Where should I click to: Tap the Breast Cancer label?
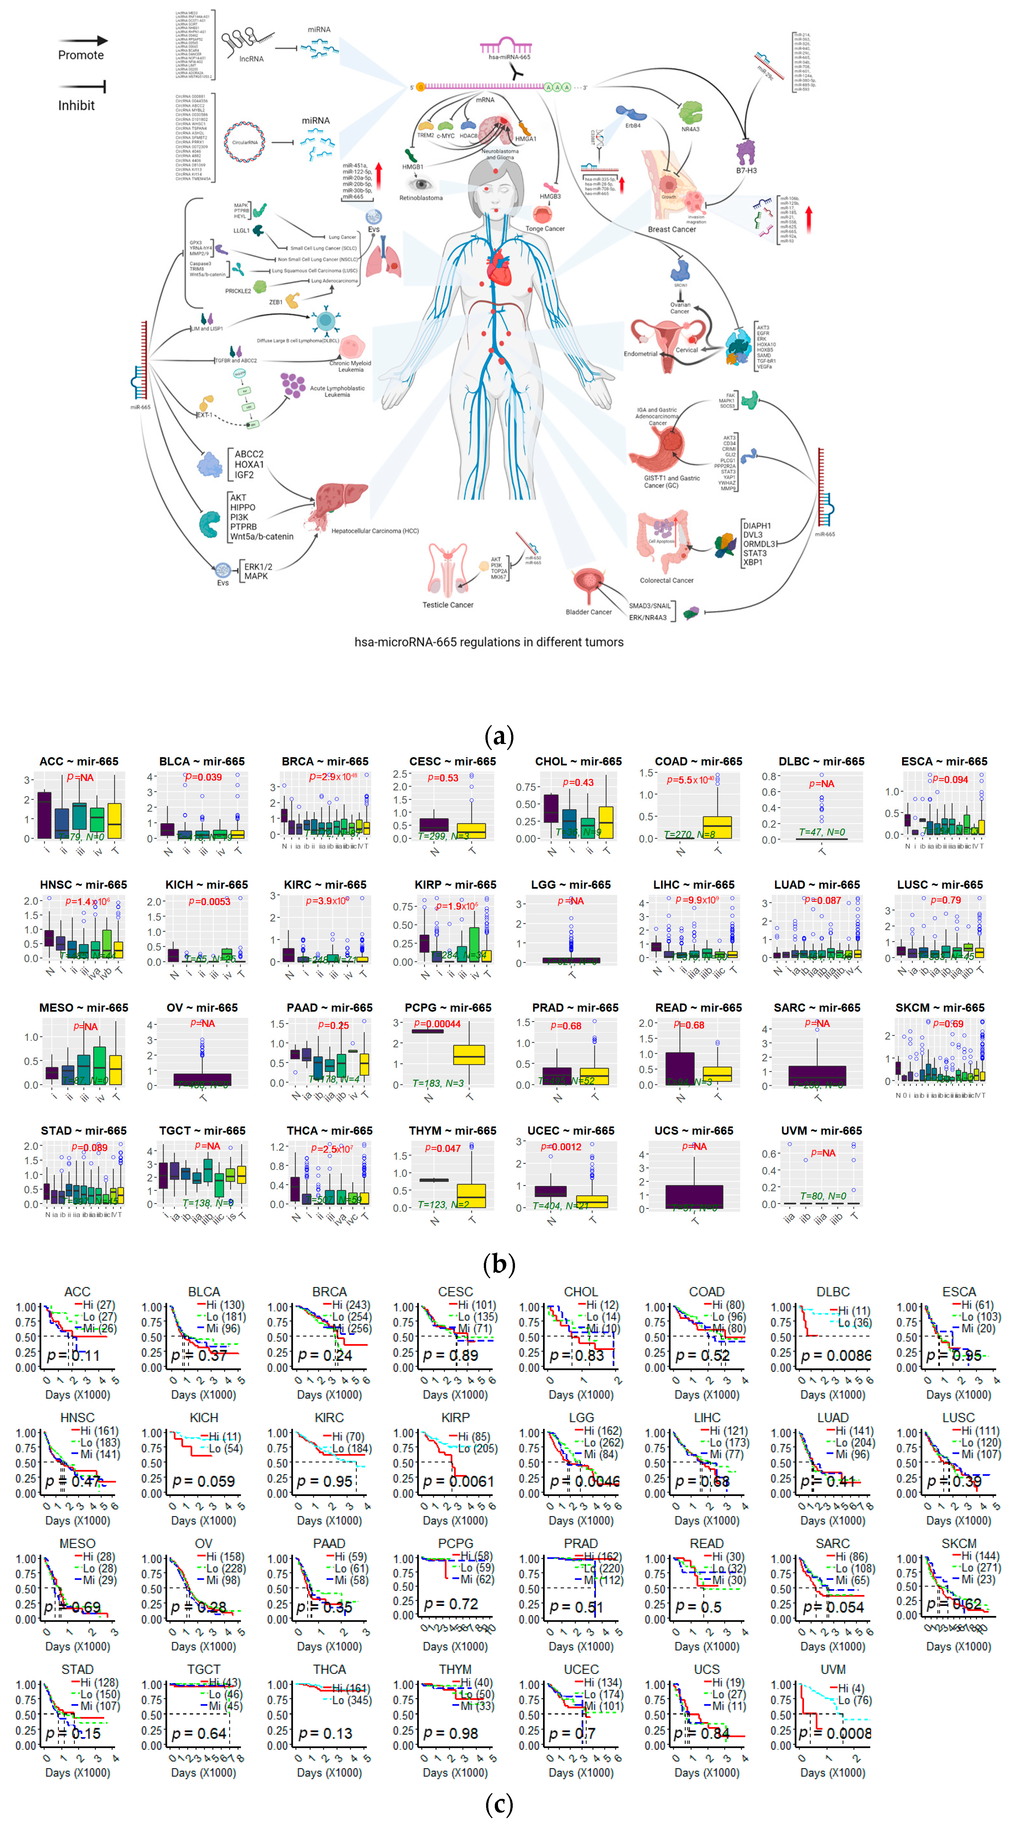click(671, 230)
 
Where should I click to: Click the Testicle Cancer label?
click(448, 605)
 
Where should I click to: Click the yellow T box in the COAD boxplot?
click(717, 827)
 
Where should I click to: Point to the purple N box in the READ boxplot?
click(680, 1068)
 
